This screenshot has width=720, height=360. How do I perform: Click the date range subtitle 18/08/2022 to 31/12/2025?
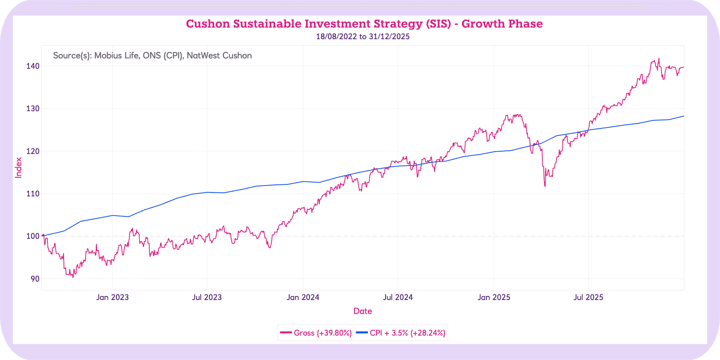(362, 37)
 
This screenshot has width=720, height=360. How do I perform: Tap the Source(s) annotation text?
(152, 56)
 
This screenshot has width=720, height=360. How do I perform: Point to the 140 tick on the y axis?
(33, 66)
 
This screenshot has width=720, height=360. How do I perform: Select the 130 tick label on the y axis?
(33, 109)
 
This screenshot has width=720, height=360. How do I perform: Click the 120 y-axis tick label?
(33, 151)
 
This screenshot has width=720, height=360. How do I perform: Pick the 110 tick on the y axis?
(33, 194)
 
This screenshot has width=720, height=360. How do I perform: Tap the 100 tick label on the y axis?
(33, 236)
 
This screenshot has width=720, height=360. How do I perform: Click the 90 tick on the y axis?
(34, 279)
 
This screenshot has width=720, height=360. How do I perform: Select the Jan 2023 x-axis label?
(112, 297)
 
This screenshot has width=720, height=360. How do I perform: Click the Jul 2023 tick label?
(207, 297)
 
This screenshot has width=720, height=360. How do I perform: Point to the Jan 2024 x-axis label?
(303, 297)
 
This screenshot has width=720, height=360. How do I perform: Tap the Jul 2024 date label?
(398, 297)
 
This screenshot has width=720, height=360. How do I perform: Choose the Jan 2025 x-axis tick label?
(494, 297)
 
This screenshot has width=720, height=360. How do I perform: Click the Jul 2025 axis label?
(588, 297)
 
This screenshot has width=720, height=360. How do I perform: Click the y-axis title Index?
(18, 167)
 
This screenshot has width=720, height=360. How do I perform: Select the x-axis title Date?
(362, 311)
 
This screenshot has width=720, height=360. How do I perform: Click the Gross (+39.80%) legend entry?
(316, 333)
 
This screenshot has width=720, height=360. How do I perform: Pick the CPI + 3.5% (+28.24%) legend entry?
(401, 333)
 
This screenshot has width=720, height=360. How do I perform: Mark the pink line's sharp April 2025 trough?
(545, 186)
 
